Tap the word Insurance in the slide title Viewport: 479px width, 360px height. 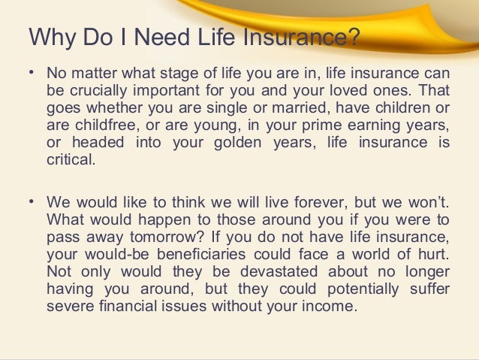pos(292,38)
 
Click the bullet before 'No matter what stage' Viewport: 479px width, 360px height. pos(31,73)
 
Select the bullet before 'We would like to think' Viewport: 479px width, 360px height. pos(31,203)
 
